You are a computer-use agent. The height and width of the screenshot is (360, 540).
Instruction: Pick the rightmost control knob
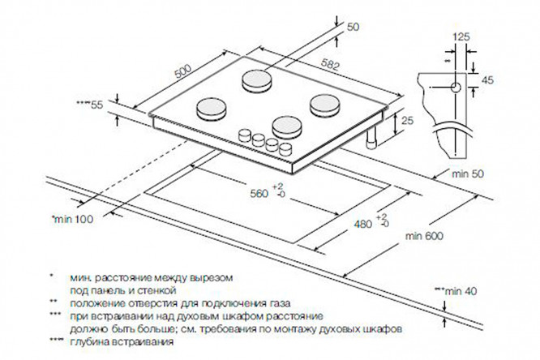[x=285, y=150]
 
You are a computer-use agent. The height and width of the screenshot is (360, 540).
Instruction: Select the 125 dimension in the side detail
[x=461, y=36]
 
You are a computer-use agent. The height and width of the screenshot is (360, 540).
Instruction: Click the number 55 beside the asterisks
[x=97, y=105]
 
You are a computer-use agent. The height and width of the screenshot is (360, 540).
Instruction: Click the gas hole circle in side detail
[x=455, y=86]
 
